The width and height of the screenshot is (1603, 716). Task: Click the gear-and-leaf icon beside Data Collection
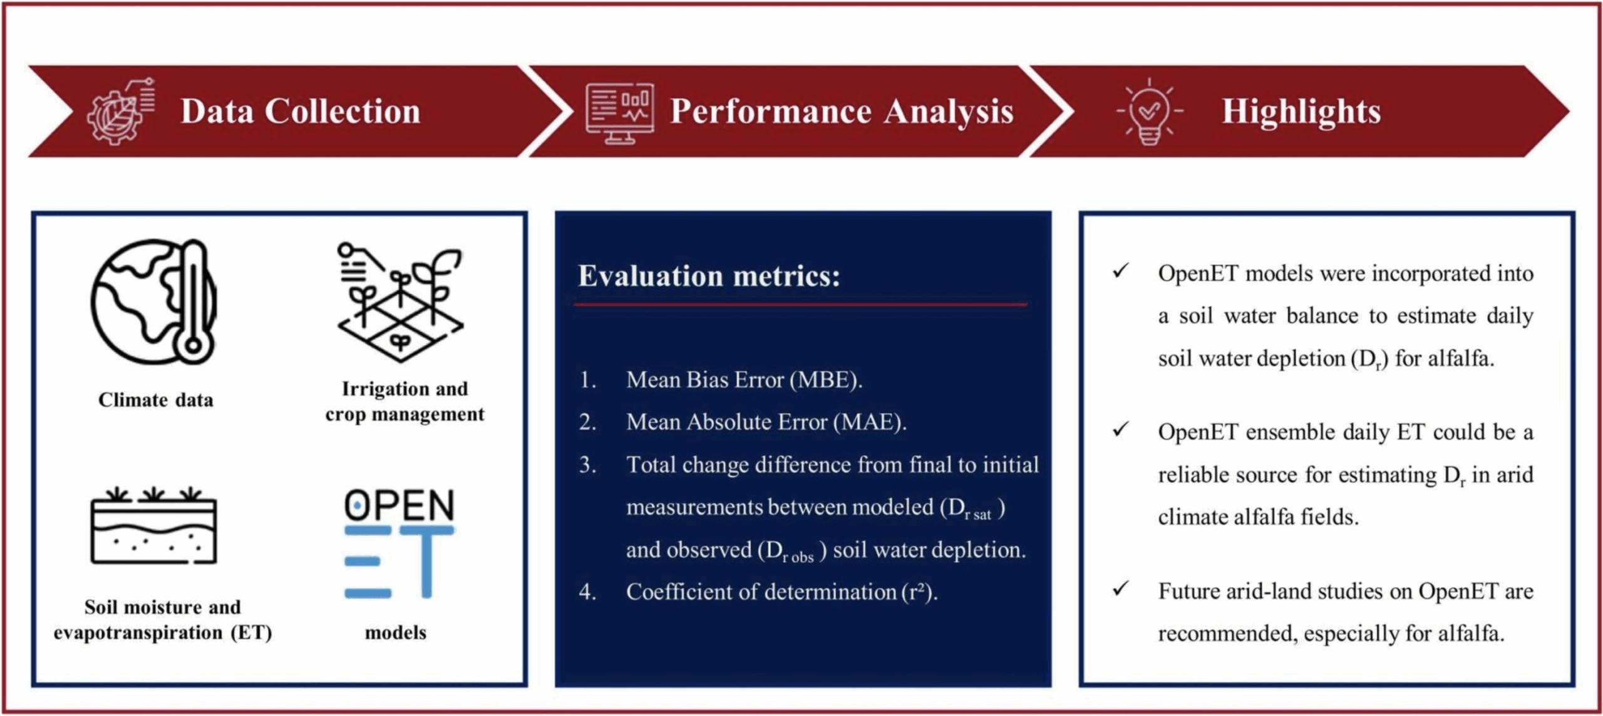click(121, 111)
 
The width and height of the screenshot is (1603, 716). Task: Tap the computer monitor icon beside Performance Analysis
click(619, 113)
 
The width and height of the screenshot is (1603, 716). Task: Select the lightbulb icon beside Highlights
click(1149, 111)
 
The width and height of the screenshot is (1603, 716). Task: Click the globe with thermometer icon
click(154, 301)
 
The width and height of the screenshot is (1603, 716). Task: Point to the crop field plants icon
click(401, 302)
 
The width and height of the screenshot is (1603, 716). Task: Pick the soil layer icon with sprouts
click(154, 526)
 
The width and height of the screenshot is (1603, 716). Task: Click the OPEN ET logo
click(399, 543)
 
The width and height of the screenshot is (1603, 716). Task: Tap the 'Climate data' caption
click(155, 399)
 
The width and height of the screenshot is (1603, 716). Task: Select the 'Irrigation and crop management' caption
click(405, 401)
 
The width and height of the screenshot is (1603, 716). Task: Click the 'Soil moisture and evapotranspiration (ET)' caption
click(163, 619)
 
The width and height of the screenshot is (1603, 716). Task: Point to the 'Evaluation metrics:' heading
click(709, 276)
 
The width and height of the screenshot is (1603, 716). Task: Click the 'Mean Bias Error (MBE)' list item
click(744, 379)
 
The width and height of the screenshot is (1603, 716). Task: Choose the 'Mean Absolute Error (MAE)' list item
click(766, 422)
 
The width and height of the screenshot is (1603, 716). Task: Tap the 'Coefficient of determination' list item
click(781, 591)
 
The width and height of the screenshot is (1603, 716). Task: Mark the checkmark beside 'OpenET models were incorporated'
click(1121, 271)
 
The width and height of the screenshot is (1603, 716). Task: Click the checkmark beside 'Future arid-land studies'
click(1121, 589)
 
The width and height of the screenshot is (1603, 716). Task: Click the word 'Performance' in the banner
click(771, 112)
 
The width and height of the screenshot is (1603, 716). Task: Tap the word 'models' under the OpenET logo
click(396, 632)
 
